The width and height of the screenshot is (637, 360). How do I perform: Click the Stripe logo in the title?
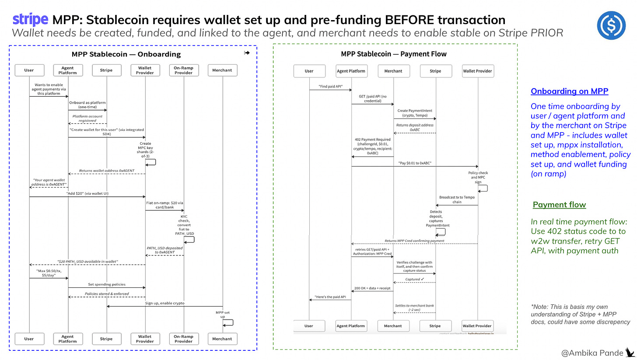point(30,20)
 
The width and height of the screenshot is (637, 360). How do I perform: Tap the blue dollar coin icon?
point(611,26)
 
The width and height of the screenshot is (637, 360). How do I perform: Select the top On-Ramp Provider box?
point(183,70)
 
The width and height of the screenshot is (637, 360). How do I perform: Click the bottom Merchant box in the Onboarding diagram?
point(222,339)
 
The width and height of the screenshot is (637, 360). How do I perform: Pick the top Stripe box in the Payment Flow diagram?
point(435,71)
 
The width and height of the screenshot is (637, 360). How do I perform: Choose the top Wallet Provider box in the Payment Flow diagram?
point(477,71)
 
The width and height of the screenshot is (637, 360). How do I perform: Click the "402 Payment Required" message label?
point(373,147)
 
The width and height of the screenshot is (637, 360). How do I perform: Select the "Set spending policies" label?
point(106,284)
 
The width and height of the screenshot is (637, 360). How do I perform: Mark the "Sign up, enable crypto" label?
point(164,303)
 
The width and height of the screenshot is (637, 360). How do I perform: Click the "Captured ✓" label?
point(414,279)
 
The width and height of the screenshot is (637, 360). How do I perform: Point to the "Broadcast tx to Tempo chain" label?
point(457,199)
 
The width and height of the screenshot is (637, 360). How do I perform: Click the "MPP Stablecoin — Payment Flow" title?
point(394,54)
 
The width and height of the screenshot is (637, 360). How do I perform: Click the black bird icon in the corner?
point(630,352)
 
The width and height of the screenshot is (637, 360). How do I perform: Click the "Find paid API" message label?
point(330,86)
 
